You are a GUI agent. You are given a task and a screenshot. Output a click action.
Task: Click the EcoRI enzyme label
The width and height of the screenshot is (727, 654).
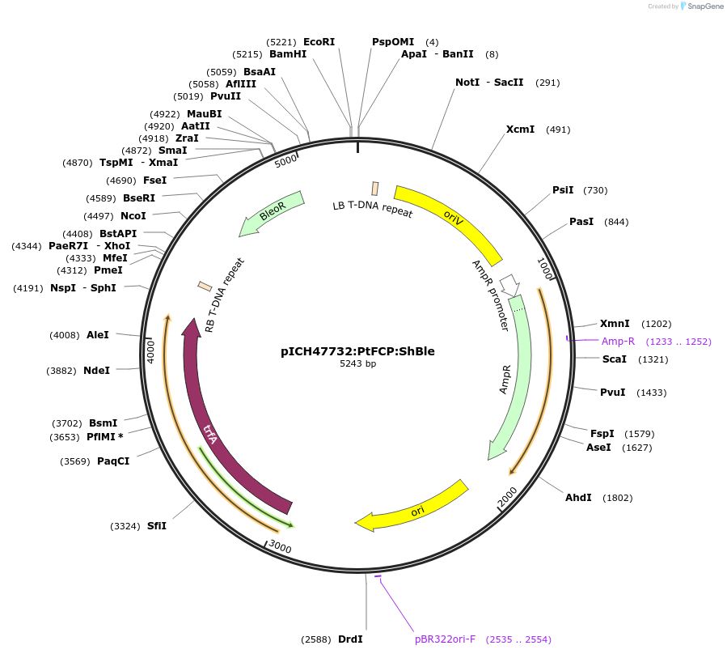(x=319, y=41)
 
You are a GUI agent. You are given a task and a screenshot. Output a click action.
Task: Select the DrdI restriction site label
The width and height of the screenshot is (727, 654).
(x=350, y=639)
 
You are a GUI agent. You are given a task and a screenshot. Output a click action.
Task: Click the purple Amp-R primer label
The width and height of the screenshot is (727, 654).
(x=618, y=342)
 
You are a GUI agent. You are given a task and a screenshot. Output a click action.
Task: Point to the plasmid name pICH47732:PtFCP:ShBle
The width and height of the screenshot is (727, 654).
(x=357, y=351)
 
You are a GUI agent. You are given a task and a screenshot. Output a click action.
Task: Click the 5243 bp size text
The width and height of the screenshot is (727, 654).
(x=357, y=364)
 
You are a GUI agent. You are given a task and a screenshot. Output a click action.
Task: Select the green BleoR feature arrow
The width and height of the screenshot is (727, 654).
(x=272, y=213)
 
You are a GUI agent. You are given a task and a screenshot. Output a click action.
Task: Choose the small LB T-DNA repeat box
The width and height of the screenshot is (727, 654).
(x=374, y=189)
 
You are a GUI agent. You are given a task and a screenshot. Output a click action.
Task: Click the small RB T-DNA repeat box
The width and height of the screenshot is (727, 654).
(x=205, y=286)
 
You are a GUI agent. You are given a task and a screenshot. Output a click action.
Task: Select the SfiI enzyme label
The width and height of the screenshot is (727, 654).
(x=157, y=526)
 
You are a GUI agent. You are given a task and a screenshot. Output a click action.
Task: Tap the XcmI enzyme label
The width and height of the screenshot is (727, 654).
(x=520, y=130)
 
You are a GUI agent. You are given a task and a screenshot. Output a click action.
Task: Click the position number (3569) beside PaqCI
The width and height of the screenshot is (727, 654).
(x=75, y=461)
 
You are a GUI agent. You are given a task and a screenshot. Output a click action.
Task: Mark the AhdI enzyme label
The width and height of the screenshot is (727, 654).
(x=578, y=498)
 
